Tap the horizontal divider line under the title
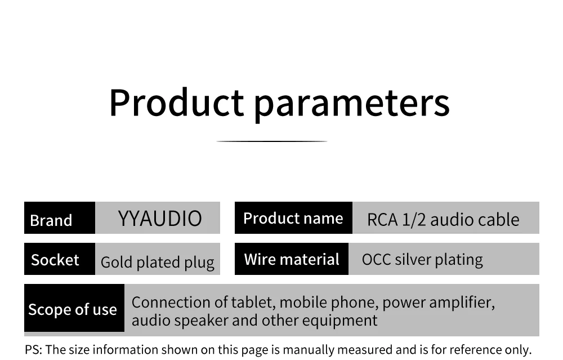point(272,141)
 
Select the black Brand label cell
point(60,217)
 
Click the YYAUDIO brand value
point(160,219)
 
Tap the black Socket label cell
point(60,259)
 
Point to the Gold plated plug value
point(157,263)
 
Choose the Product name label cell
point(293,217)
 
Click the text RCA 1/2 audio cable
point(443,220)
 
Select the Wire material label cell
point(292,259)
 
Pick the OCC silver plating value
point(422,260)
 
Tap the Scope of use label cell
point(74,308)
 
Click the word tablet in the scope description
point(252,303)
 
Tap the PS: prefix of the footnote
point(33,350)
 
